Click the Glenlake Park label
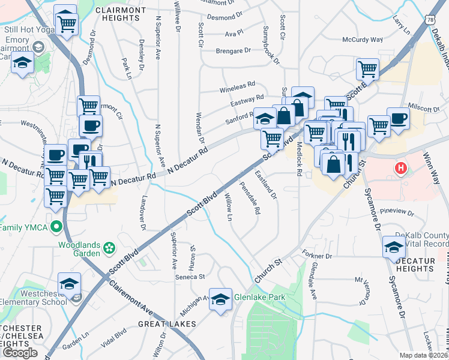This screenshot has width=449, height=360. (x=259, y=297)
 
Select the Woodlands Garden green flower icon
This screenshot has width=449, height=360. (x=109, y=247)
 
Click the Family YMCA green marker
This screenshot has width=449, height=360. (x=56, y=227)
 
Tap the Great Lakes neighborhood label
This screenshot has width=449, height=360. (x=167, y=324)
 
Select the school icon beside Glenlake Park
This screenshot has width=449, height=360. (x=220, y=298)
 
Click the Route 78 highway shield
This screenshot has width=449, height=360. (x=430, y=20)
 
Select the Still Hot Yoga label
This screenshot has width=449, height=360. (x=26, y=29)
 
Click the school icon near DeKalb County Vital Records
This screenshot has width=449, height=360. (x=394, y=247)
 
